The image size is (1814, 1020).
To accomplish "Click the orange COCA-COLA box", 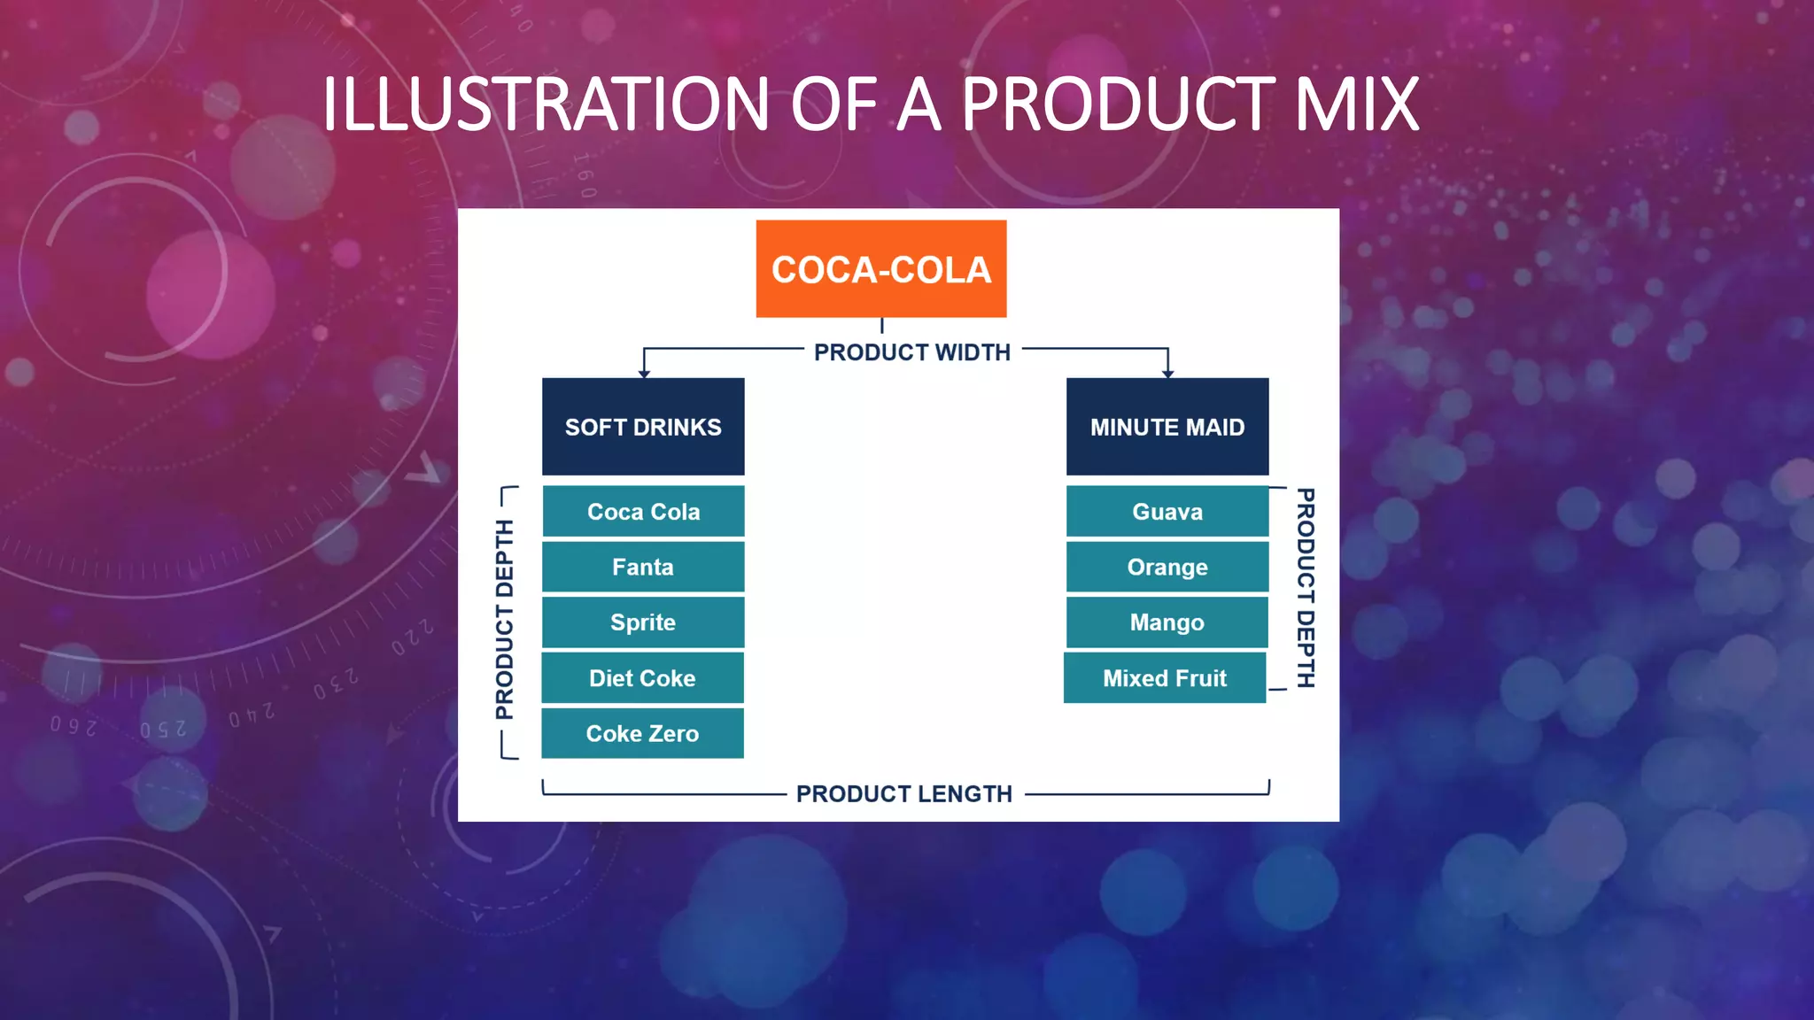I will pos(880,268).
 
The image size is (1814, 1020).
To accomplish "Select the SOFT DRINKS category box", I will pos(643,427).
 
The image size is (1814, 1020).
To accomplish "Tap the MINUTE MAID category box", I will pos(1167,427).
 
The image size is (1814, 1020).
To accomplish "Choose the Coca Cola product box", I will pos(643,512).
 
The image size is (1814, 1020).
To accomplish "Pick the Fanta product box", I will pos(643,567).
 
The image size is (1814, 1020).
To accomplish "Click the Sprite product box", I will pos(643,622).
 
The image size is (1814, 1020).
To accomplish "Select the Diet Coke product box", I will pos(643,678).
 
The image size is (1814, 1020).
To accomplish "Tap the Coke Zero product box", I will pos(643,733).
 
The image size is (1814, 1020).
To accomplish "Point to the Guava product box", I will pos(1167,512).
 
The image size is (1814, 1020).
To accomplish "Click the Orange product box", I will pos(1167,567).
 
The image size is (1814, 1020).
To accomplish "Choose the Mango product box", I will pos(1167,622).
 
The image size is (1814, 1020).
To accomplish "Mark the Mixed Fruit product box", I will pos(1165,678).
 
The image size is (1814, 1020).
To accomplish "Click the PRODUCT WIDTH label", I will pos(912,352).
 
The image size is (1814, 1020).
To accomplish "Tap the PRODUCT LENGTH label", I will pos(904,793).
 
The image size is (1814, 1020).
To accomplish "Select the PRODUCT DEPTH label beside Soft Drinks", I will pos(504,620).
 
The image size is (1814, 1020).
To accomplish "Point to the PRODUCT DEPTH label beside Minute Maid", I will pos(1305,588).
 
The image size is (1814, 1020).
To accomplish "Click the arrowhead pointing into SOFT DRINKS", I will pos(644,374).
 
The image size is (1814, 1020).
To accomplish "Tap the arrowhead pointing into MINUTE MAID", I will pos(1167,374).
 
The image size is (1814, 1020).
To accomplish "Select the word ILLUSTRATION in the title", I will pos(546,104).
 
